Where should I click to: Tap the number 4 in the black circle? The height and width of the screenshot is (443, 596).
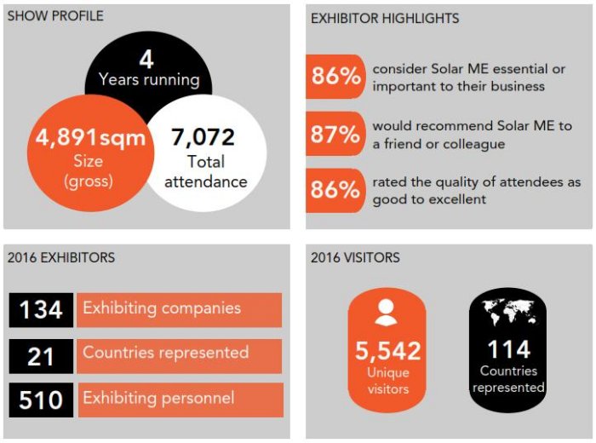[x=146, y=60]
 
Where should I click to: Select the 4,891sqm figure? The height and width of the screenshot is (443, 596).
[x=89, y=138]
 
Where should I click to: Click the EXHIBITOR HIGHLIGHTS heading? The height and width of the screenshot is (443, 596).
[x=385, y=18]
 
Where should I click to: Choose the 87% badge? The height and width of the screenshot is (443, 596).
[x=335, y=133]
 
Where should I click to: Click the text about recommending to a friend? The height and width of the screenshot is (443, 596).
[x=472, y=135]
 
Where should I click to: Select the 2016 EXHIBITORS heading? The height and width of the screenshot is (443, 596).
[x=60, y=257]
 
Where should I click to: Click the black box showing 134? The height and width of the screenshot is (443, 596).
[x=41, y=310]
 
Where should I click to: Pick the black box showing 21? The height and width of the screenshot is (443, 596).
[x=41, y=355]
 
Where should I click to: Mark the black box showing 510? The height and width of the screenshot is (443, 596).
[x=41, y=400]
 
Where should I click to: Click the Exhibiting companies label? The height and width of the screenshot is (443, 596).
[x=162, y=308]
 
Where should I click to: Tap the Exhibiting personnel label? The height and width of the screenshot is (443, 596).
[x=158, y=398]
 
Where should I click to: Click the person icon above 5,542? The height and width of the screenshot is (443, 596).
[x=386, y=313]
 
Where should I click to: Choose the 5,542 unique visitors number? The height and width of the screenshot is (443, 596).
[x=388, y=349]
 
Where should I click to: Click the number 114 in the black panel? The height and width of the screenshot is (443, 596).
[x=508, y=348]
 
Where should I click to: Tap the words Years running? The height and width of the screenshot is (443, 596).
[x=149, y=81]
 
